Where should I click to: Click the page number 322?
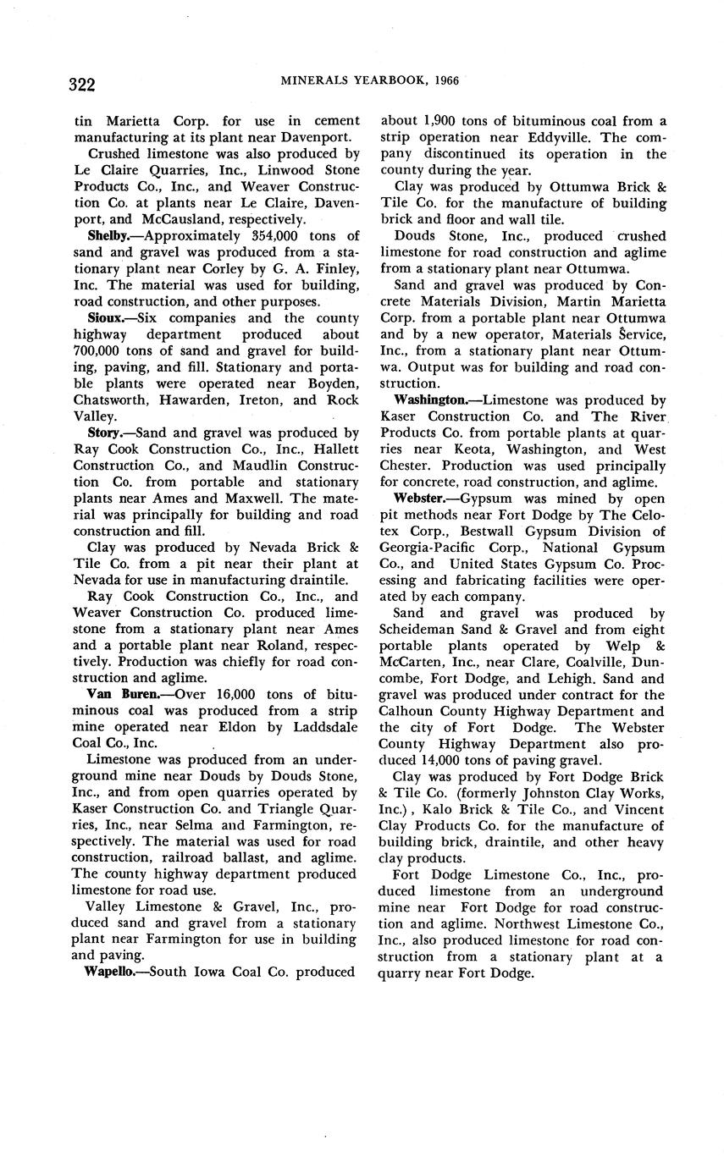pyautogui.click(x=82, y=84)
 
